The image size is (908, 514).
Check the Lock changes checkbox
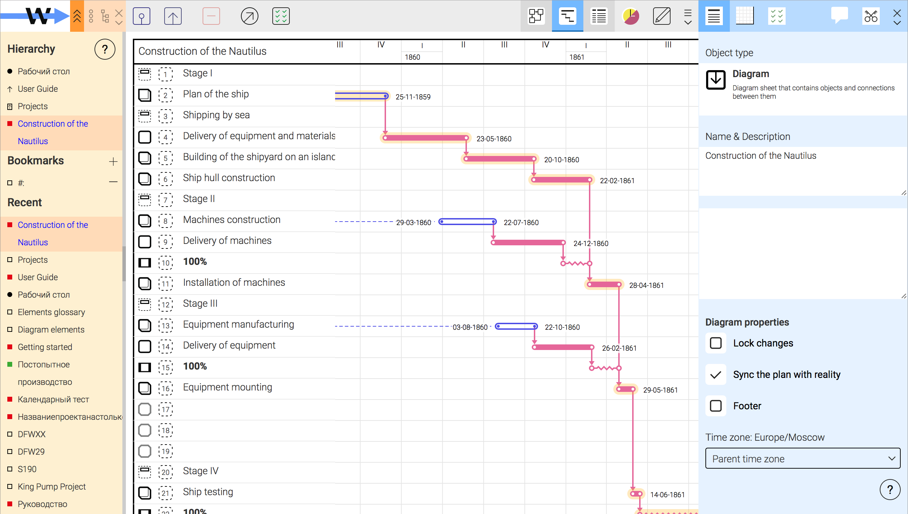716,343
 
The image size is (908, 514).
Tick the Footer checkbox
716,405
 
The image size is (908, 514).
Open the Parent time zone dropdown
803,458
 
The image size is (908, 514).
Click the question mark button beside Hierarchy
105,49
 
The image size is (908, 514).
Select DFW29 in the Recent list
31,452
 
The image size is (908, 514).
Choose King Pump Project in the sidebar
52,486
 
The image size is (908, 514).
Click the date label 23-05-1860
494,139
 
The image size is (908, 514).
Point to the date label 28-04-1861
646,285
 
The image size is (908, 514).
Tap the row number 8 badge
165,221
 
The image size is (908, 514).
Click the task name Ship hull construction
229,178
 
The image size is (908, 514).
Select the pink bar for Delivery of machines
528,243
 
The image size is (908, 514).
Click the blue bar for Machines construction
467,222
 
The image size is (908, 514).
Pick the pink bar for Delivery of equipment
563,347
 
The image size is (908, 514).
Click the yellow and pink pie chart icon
630,16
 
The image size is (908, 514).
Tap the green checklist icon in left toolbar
281,16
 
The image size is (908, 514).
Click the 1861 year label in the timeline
576,57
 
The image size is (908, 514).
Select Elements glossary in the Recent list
52,312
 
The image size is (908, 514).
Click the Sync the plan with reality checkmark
716,374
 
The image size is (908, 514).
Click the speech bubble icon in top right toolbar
839,16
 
